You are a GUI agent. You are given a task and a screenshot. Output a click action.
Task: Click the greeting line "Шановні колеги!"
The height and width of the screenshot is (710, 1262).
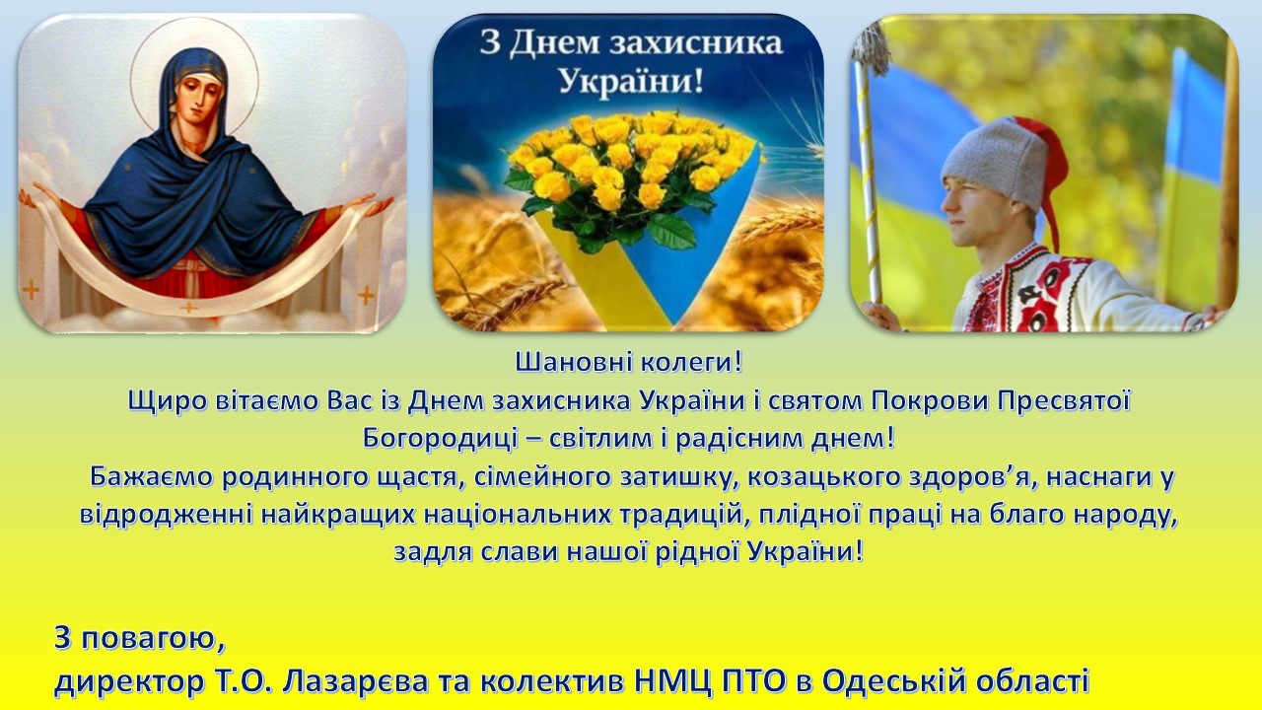629,363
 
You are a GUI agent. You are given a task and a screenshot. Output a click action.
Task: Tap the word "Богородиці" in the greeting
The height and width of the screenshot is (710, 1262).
440,439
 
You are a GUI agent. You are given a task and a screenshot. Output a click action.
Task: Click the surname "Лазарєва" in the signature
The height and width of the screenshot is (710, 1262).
356,681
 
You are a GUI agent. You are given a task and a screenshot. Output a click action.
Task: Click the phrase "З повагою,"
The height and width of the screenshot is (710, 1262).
140,640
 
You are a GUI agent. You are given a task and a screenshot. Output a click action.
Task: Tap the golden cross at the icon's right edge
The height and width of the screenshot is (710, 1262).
366,295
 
